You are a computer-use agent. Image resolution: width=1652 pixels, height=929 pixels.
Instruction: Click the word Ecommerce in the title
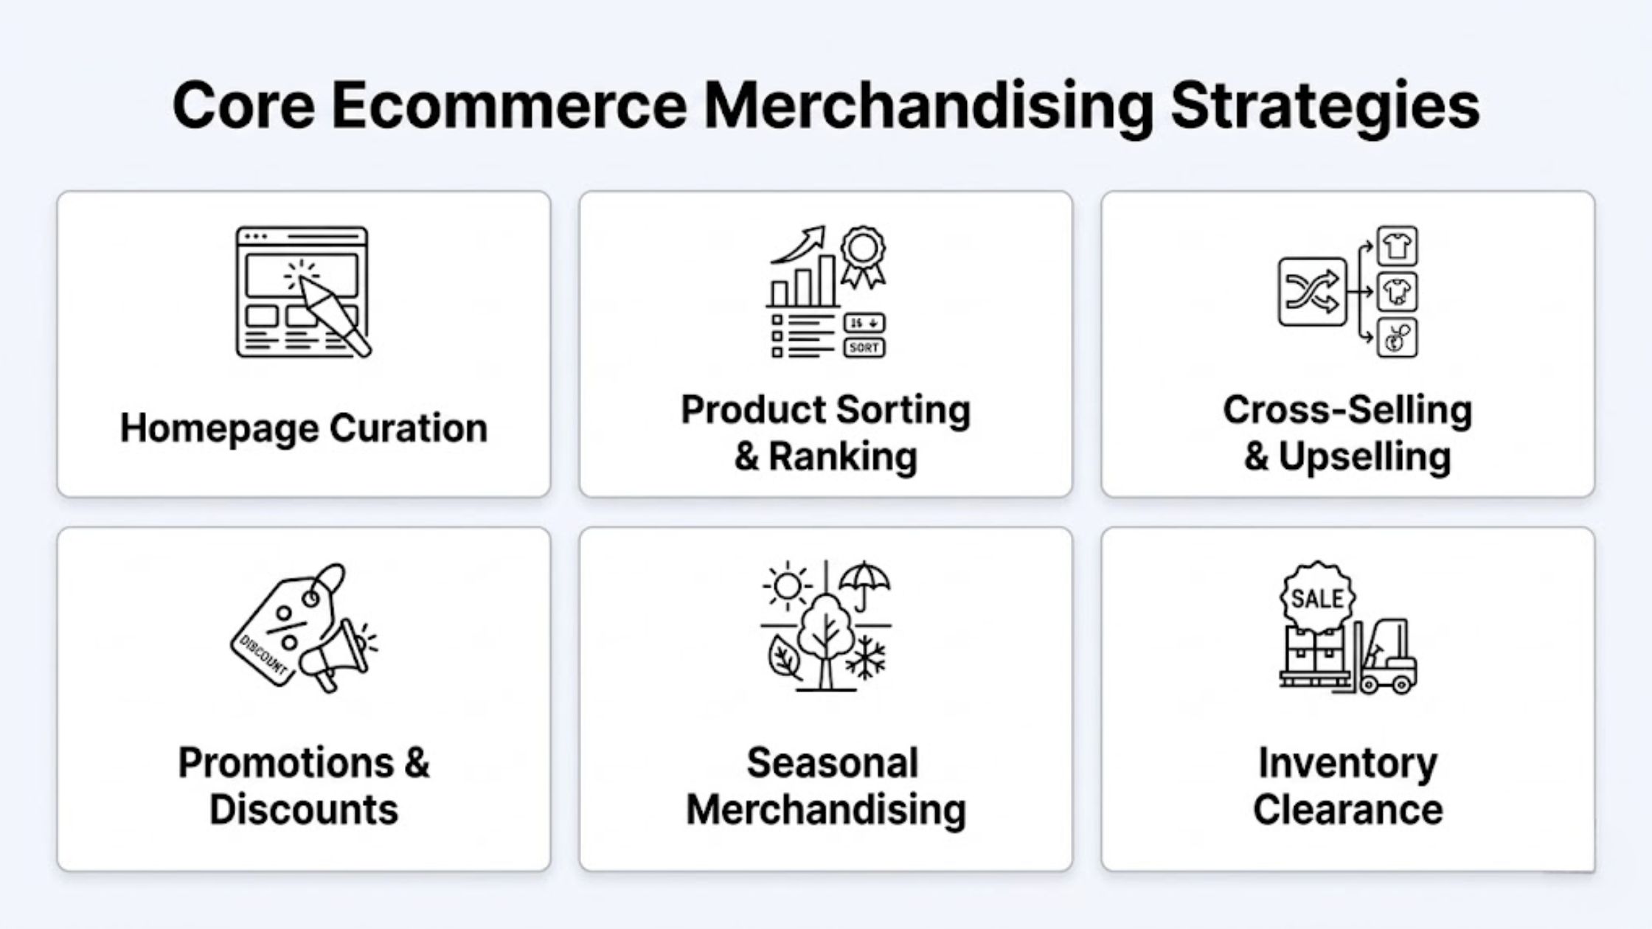coord(509,105)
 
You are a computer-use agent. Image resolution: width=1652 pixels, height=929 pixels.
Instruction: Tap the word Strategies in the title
coord(1325,105)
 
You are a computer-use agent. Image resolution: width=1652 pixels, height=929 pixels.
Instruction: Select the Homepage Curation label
coord(303,428)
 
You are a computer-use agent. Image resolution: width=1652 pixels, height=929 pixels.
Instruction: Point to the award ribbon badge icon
coord(862,254)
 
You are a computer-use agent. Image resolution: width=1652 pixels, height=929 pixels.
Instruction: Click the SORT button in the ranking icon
coord(864,347)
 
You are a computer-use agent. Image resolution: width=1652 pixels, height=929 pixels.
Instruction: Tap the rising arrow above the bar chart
coord(800,245)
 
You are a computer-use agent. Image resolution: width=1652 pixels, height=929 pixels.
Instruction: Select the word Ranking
coord(843,456)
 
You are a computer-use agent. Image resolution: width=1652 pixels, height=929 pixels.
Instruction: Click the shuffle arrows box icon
coord(1312,291)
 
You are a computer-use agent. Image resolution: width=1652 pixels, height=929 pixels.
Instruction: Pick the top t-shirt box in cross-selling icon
coord(1397,246)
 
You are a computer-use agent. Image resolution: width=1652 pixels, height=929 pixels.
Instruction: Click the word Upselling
coord(1364,456)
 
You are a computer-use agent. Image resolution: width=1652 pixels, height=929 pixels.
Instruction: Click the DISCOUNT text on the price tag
coord(263,655)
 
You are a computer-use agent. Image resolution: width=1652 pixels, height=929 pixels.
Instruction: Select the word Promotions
coord(286,762)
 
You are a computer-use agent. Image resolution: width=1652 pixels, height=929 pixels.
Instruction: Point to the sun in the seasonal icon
coord(787,587)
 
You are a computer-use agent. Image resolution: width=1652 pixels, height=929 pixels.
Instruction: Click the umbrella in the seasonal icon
coord(864,582)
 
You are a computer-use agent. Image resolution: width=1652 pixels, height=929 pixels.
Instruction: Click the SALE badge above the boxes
coord(1317,598)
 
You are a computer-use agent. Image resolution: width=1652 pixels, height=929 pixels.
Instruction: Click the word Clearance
coord(1347,810)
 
